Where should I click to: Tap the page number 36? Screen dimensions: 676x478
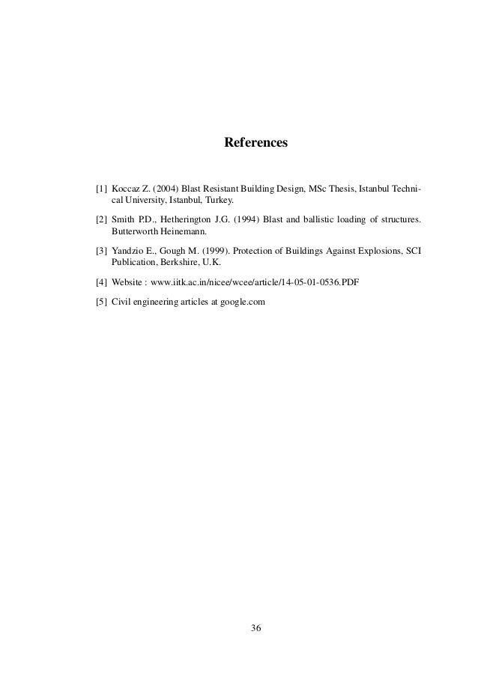click(x=255, y=627)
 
